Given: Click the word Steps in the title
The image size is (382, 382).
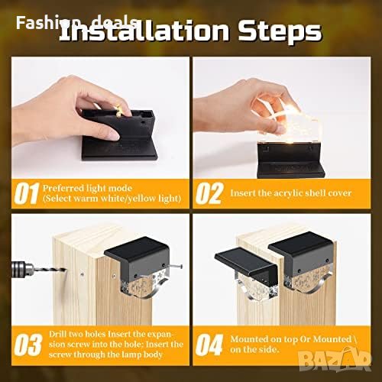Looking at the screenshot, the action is click(x=280, y=31).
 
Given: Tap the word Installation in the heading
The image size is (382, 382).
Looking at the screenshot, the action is click(x=144, y=31).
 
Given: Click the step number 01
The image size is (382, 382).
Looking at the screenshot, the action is click(x=27, y=193).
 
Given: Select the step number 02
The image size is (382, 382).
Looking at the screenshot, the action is click(x=209, y=193).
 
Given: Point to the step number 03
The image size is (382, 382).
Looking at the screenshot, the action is click(x=28, y=345).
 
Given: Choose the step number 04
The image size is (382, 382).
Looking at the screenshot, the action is click(x=209, y=345).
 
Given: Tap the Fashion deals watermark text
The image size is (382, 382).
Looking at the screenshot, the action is click(x=76, y=22).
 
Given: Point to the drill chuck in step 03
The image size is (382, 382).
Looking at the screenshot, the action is click(x=22, y=269).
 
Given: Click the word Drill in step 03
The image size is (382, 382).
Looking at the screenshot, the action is click(x=57, y=334).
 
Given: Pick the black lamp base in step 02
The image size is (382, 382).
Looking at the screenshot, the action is click(x=290, y=160).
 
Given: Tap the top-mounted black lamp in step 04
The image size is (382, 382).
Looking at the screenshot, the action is click(x=301, y=257).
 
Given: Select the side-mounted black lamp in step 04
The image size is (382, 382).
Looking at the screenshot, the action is click(x=246, y=264).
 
